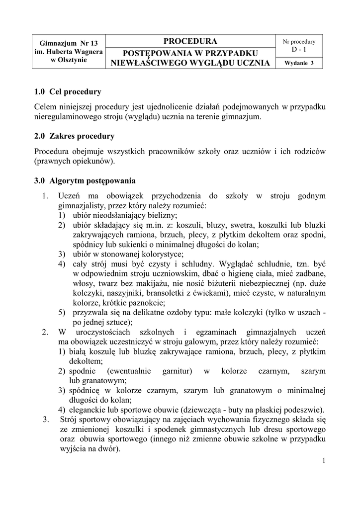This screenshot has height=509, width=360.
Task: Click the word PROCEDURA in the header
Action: click(190, 41)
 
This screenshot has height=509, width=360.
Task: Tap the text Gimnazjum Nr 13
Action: click(68, 44)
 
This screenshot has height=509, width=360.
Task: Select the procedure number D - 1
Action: click(299, 50)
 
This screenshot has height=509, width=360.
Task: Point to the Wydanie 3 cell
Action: click(299, 63)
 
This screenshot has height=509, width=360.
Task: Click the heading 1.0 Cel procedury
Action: click(68, 92)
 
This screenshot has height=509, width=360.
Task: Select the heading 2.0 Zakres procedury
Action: click(75, 136)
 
